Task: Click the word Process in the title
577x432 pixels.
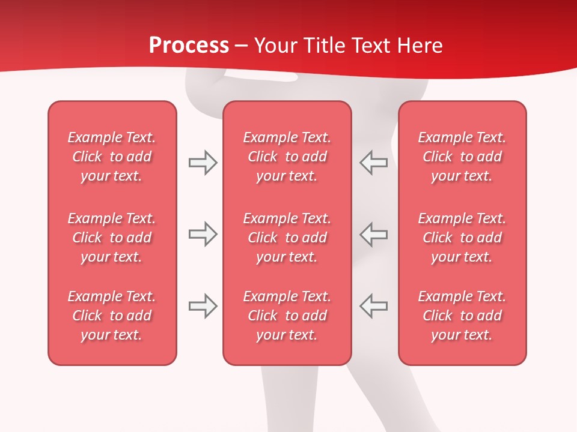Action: (189, 46)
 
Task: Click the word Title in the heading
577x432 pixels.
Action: (324, 46)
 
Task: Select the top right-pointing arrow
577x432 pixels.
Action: (203, 163)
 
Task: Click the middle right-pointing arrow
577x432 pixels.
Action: (203, 234)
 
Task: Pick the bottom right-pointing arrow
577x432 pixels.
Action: (203, 306)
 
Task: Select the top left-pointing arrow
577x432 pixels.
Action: (374, 163)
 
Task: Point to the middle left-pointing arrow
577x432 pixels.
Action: (374, 234)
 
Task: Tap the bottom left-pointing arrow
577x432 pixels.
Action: (374, 306)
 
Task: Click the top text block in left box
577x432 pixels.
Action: (112, 157)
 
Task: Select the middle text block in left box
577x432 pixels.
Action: (112, 238)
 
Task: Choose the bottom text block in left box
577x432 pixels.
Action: (112, 316)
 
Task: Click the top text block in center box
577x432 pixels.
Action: (287, 157)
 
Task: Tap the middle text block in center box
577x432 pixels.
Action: (287, 238)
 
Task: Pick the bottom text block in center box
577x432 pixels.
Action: (287, 316)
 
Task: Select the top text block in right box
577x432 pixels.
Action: (462, 157)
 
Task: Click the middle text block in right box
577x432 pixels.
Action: (462, 238)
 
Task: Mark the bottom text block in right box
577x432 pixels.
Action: (462, 316)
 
